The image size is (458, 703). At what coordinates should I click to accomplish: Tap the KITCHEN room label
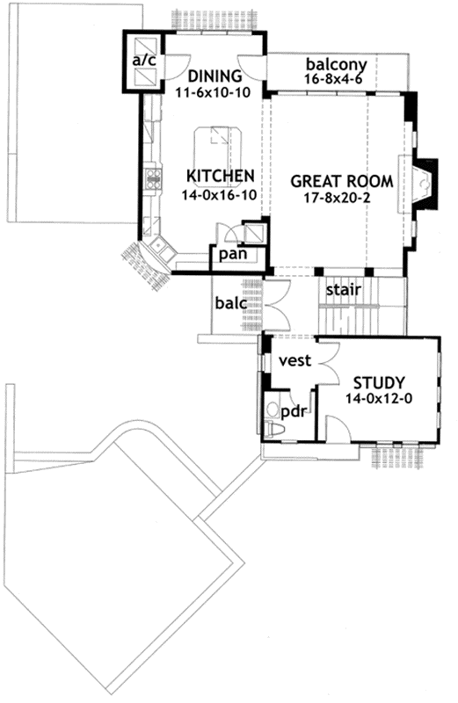pos(220,177)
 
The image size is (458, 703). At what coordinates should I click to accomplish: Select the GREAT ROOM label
pos(341,181)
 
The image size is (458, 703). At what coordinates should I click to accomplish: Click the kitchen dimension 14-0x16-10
pos(219,195)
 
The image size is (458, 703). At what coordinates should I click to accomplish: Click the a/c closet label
pos(142,61)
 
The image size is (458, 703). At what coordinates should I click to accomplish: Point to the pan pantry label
pos(232,255)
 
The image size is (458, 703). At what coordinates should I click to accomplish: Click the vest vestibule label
pos(292,361)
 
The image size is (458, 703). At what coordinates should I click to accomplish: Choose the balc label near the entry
pos(230,304)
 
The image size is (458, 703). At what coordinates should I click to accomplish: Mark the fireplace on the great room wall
pos(425,183)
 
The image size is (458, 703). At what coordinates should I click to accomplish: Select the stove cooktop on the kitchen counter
pos(154,182)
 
